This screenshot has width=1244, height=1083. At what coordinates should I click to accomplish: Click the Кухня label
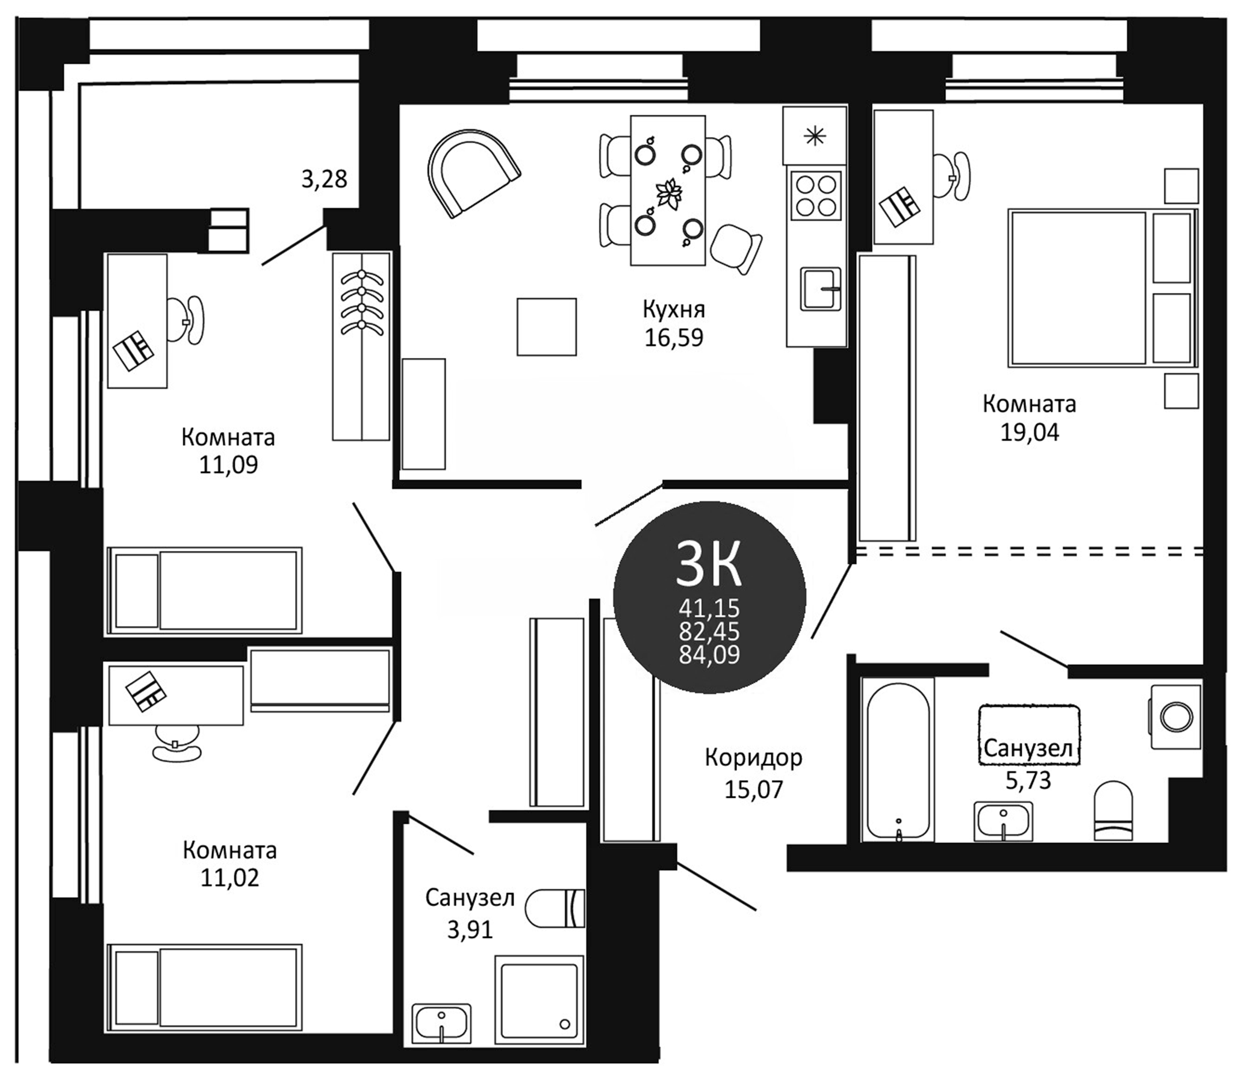coord(673,309)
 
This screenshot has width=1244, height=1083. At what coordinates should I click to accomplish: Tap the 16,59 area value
coord(673,338)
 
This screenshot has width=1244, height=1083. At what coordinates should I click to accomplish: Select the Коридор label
coord(753,757)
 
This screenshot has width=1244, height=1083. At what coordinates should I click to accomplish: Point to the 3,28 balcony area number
coord(324,179)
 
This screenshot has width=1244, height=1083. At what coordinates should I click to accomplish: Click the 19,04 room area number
coord(1029,433)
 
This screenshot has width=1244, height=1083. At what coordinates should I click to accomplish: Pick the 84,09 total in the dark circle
coord(709,655)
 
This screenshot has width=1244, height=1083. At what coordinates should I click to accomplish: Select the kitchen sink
coord(820,289)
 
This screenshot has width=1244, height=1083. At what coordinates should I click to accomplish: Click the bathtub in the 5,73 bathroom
coord(897,759)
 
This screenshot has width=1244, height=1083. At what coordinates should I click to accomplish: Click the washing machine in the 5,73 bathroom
coord(1176,716)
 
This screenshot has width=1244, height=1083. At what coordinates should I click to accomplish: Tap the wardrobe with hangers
coord(361,346)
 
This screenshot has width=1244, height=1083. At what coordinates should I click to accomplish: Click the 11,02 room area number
coord(229,877)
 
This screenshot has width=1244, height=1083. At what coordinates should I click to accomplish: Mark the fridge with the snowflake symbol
coord(814,137)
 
